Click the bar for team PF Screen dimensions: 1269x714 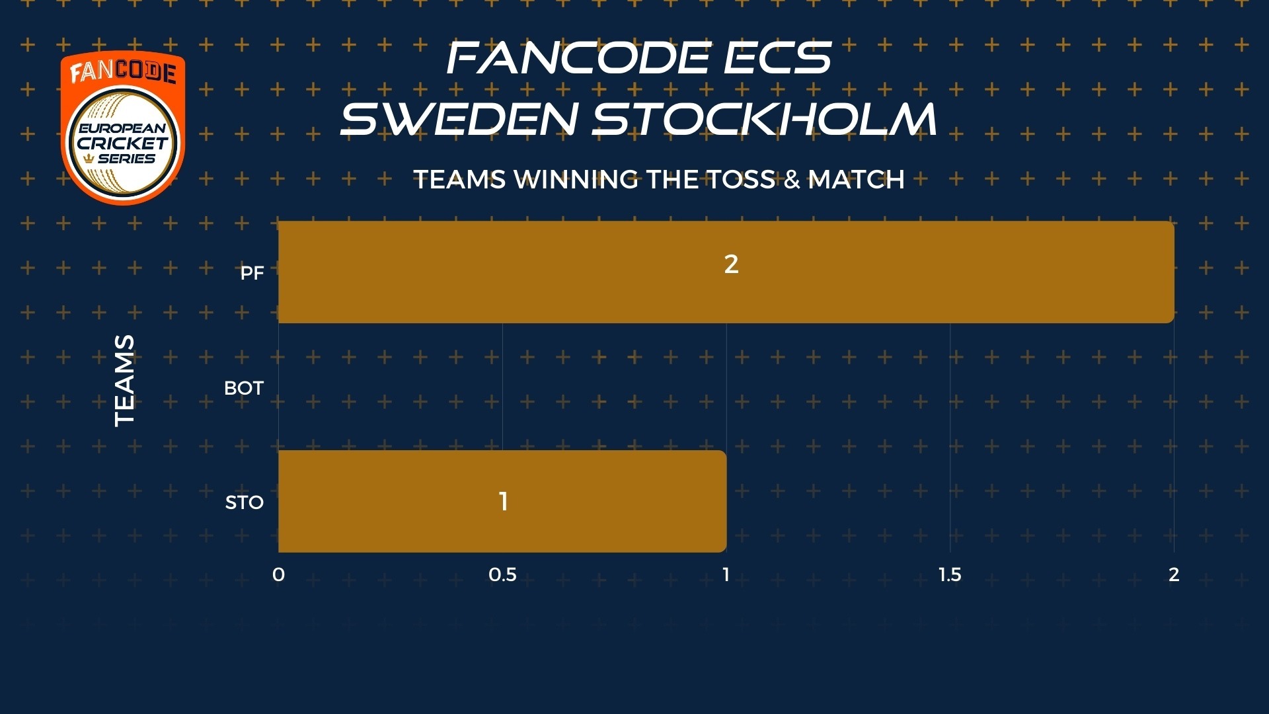(x=726, y=272)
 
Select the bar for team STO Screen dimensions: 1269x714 (x=502, y=501)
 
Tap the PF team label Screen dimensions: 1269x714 (x=252, y=273)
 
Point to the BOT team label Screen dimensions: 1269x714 (x=244, y=388)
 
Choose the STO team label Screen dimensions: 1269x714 (x=245, y=502)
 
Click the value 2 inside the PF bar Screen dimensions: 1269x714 (x=731, y=264)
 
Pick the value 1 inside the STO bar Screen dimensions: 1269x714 (x=504, y=501)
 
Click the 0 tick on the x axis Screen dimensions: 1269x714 (x=278, y=575)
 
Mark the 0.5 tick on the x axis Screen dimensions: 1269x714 (x=502, y=575)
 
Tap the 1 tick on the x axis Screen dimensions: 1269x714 (x=726, y=575)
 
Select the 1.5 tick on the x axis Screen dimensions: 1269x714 (x=950, y=575)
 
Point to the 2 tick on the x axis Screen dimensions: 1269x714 (x=1174, y=575)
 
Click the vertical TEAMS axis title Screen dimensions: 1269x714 (x=124, y=381)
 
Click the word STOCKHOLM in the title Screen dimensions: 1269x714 (x=764, y=119)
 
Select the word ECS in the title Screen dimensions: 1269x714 (x=777, y=58)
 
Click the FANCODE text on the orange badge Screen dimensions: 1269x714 (x=123, y=72)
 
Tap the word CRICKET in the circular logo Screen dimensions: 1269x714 (x=123, y=143)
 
